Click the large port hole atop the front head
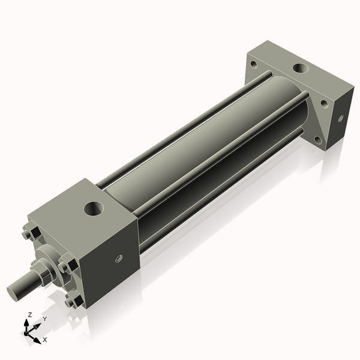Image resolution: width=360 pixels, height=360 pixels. coord(94,209)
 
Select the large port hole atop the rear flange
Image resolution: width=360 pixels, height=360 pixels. coord(298,68)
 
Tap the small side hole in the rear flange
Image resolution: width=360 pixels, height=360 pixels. coord(340,119)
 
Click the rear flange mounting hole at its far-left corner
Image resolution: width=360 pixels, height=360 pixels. coord(254,64)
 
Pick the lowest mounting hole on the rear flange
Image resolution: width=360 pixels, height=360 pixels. coord(318,140)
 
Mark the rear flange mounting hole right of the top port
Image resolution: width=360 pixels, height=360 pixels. coord(324,103)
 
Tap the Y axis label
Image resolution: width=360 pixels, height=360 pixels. coord(44,320)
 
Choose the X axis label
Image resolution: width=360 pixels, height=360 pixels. coord(44,340)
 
